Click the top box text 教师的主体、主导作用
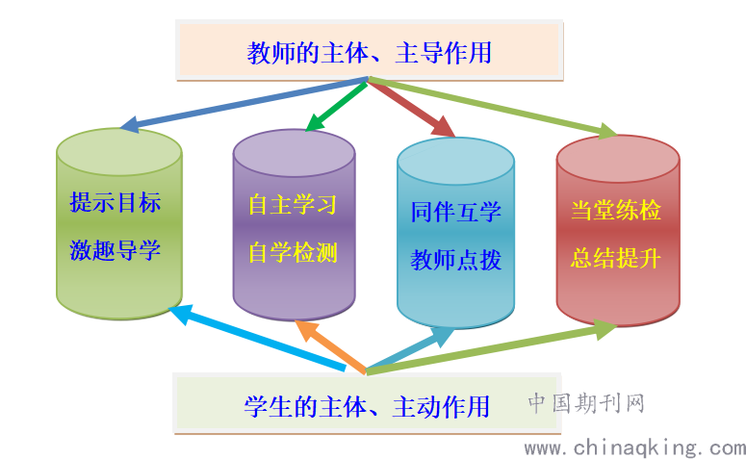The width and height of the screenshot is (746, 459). point(370,52)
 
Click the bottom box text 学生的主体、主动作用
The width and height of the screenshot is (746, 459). point(367,407)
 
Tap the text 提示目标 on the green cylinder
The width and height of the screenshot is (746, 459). point(116,202)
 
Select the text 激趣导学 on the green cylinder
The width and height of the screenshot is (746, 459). point(116,250)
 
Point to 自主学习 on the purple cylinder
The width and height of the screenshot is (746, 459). point(293,205)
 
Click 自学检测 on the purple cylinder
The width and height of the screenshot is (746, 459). point(293,252)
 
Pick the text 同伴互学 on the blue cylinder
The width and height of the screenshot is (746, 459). point(456,212)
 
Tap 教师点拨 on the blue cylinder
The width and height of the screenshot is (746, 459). point(456,260)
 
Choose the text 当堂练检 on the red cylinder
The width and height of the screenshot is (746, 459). point(616,210)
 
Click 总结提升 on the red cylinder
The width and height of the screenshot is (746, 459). point(616,258)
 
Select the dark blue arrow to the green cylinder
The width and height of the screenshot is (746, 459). point(244,104)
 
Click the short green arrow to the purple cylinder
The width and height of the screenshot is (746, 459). point(336,106)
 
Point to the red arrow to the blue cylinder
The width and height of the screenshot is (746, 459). point(412,109)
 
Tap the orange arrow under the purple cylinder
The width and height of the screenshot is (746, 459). point(330,346)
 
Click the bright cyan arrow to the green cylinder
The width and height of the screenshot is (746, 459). point(257,338)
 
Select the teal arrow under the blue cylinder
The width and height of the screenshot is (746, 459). point(410,350)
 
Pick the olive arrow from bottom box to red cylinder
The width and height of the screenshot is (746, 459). point(492,347)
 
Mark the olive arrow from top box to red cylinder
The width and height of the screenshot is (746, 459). point(494,107)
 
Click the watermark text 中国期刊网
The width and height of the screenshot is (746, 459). point(586,403)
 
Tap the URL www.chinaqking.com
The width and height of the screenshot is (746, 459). point(634,448)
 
